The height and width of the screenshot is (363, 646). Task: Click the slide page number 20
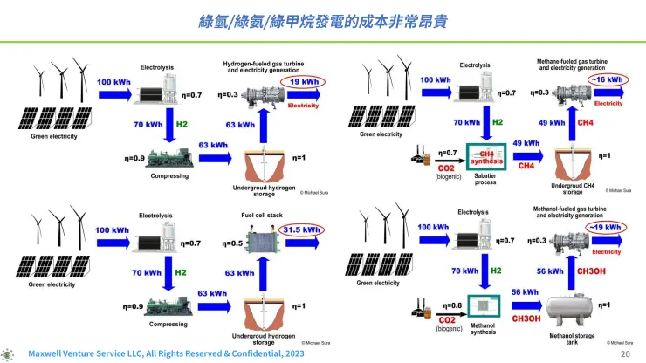click(x=624, y=355)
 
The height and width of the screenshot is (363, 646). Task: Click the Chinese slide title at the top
click(x=322, y=19)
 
